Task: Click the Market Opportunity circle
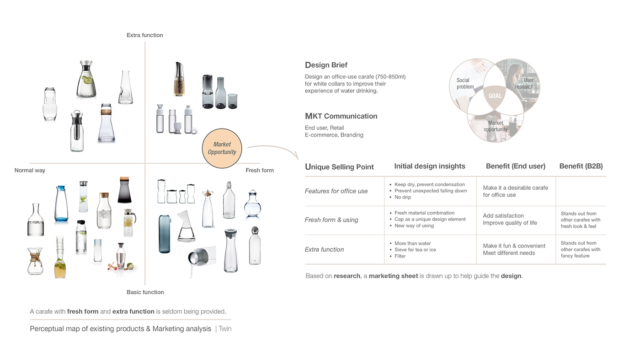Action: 222,148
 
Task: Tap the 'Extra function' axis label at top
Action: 145,35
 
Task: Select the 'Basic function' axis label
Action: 145,292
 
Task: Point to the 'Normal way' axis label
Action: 30,171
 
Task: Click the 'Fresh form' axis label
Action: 259,171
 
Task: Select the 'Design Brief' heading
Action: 326,65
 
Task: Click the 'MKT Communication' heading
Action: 341,116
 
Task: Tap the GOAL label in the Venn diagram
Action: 495,96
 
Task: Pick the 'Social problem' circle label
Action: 465,84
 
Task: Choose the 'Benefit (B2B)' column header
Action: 581,167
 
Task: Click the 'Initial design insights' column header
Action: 430,167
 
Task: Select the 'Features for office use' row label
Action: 336,191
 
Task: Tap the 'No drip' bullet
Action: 403,198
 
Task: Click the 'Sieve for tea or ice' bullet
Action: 415,250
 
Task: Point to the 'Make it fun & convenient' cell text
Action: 514,246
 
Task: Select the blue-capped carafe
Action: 61,204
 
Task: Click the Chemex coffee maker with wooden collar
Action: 35,261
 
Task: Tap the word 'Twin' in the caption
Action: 225,329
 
